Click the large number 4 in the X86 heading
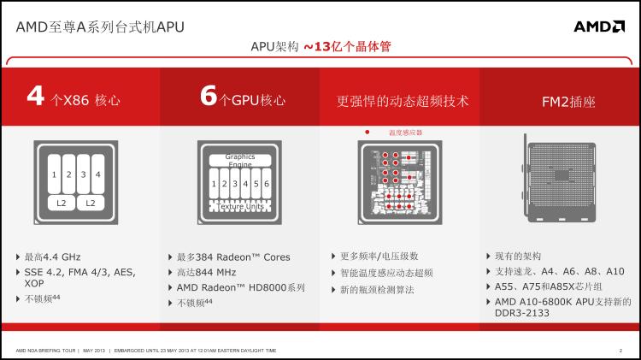click(36, 97)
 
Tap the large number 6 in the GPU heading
click(209, 97)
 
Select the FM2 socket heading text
click(568, 102)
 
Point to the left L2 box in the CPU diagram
click(61, 203)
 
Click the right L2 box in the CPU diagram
click(91, 203)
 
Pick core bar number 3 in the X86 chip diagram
click(83, 174)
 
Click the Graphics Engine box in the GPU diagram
click(240, 161)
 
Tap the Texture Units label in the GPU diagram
click(240, 206)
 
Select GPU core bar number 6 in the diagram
click(267, 184)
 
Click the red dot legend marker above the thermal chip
click(367, 133)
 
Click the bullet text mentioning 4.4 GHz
click(53, 257)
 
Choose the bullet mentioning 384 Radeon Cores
click(233, 257)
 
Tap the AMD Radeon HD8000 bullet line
click(240, 287)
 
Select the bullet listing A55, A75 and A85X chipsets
click(548, 286)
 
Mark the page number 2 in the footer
click(620, 351)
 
